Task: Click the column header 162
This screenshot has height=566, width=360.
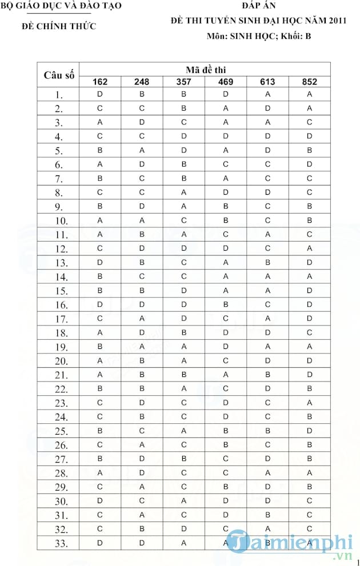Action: [x=100, y=82]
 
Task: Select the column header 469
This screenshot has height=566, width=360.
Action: [x=226, y=82]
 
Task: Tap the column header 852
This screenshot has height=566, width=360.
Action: [x=309, y=82]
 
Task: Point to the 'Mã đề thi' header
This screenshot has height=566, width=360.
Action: [x=205, y=69]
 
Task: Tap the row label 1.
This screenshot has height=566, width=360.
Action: [x=59, y=94]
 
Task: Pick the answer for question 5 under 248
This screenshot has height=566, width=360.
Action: [x=142, y=150]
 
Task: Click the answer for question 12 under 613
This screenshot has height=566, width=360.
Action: [x=267, y=248]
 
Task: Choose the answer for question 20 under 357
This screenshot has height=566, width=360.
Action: [x=184, y=360]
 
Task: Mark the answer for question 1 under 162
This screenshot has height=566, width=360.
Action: [x=100, y=94]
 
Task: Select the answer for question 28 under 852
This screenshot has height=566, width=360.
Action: [x=309, y=473]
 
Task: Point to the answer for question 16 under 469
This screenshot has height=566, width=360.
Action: [x=226, y=304]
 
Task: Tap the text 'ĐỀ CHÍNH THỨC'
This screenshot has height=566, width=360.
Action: [x=59, y=26]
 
